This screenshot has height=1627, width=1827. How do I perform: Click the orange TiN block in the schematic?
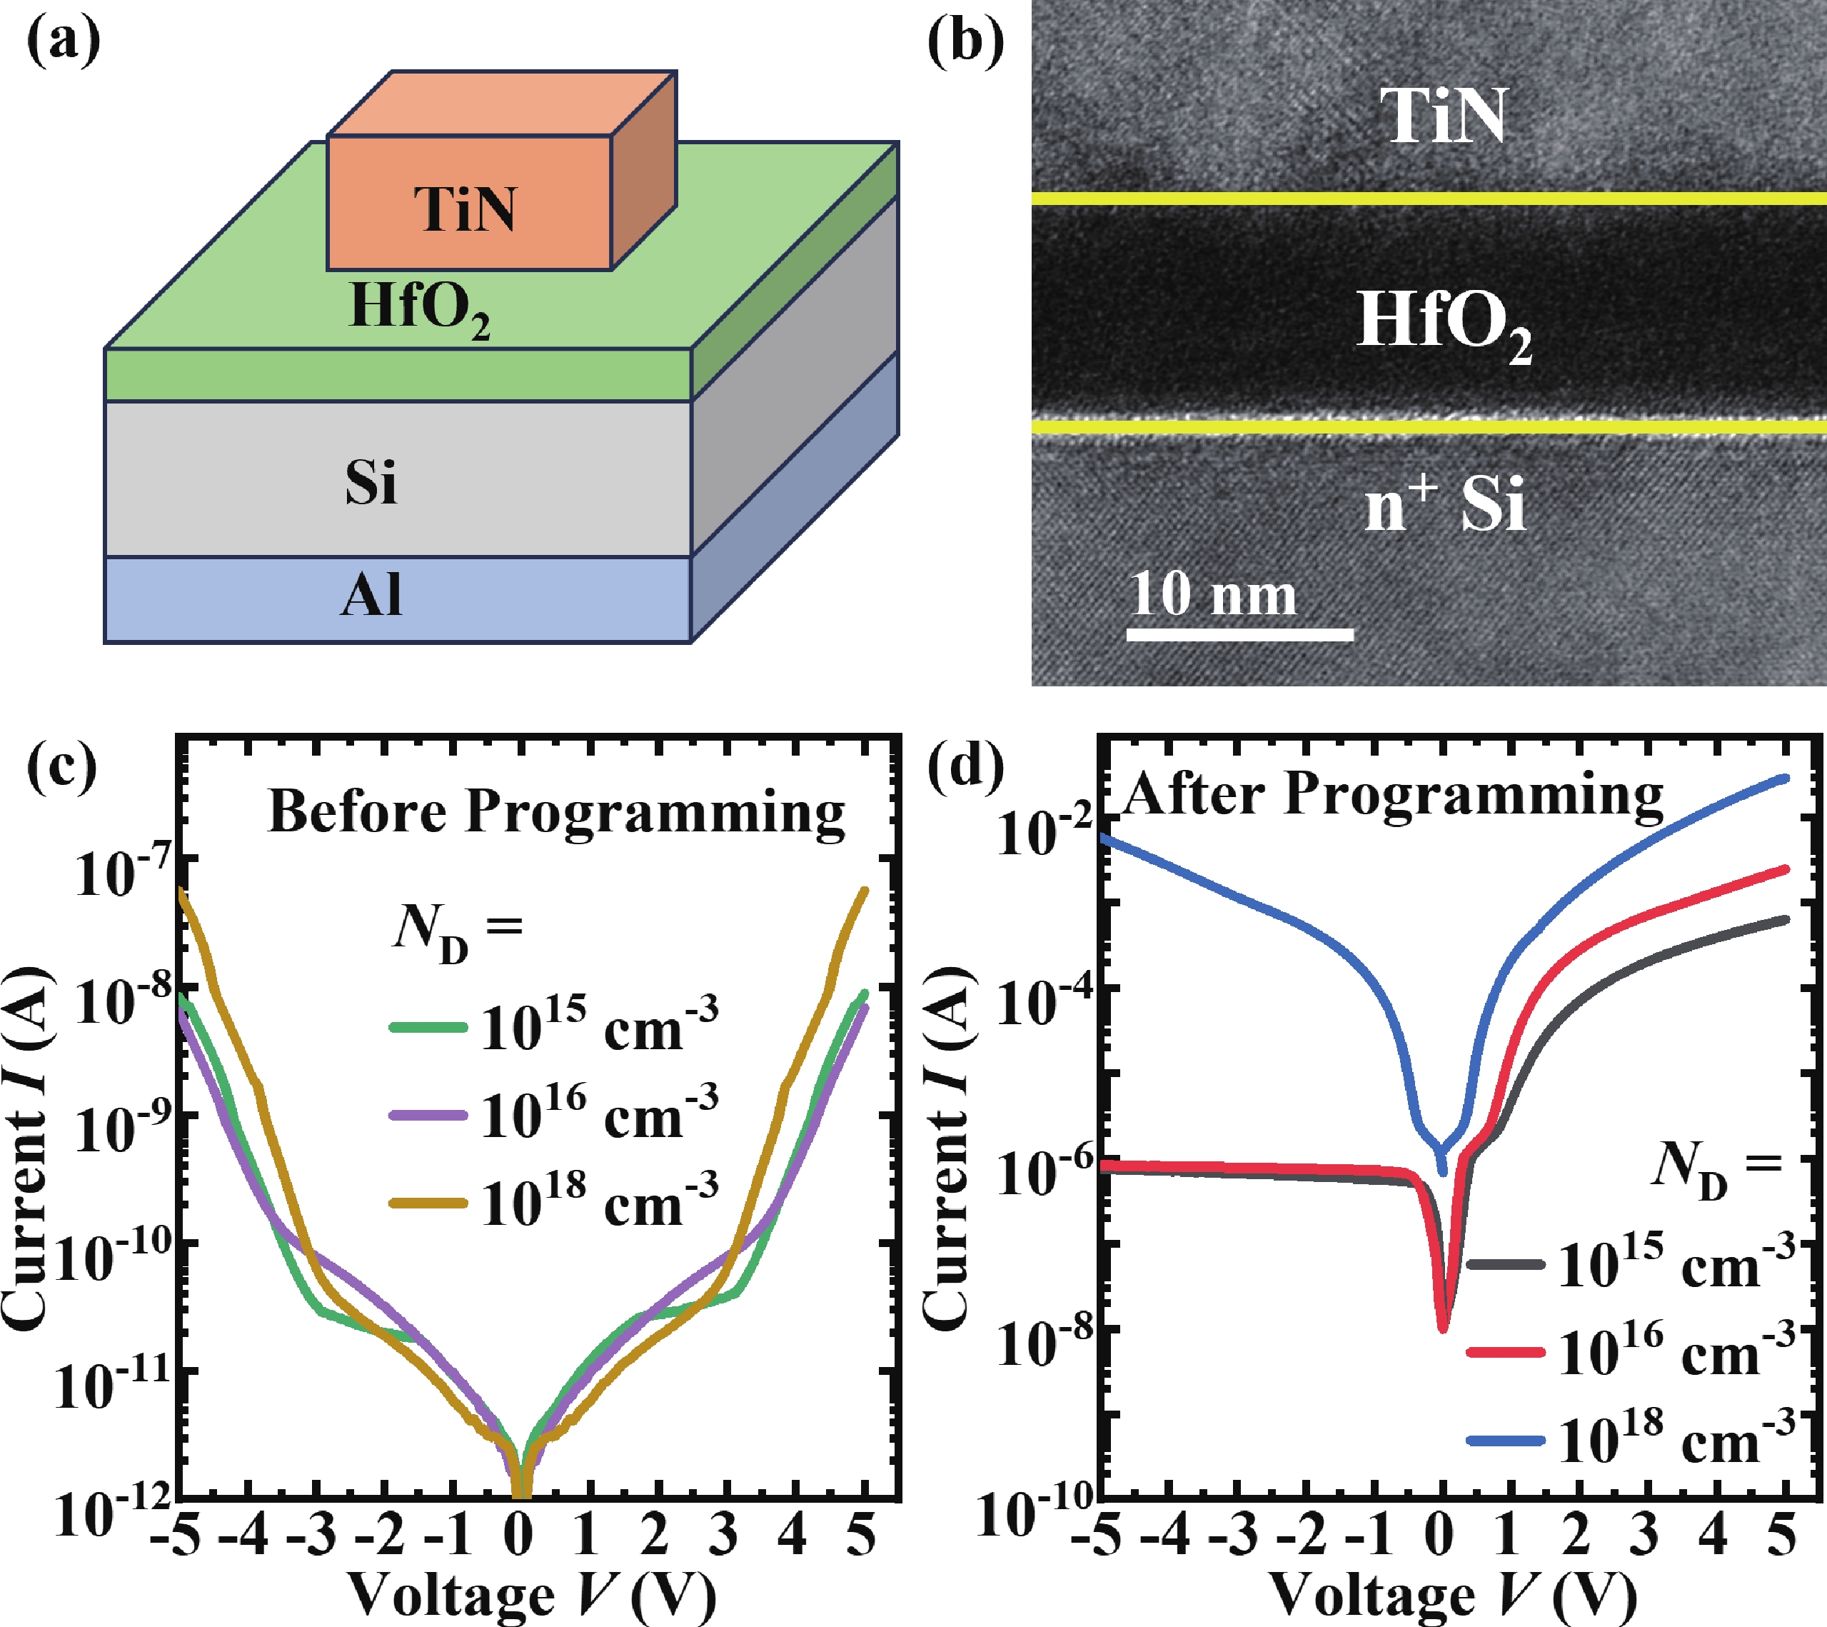(x=469, y=204)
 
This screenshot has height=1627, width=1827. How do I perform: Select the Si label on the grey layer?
(x=371, y=483)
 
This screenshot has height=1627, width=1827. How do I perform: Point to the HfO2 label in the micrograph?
(x=1441, y=324)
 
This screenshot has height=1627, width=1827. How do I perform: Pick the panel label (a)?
(x=64, y=42)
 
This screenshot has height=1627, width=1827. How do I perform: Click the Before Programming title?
(x=556, y=813)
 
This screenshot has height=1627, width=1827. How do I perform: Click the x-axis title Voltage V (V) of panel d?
(x=1452, y=1596)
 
